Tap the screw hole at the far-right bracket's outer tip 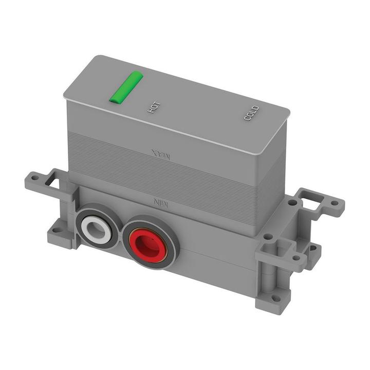pos(335,203)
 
